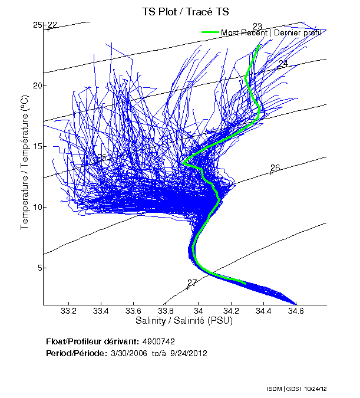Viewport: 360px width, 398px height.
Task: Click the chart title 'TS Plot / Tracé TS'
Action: click(x=184, y=11)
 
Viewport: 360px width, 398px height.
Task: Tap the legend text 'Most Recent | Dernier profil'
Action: click(x=270, y=32)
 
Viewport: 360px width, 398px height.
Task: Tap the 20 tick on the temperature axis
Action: click(x=38, y=85)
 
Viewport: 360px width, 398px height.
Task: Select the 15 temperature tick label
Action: click(x=38, y=146)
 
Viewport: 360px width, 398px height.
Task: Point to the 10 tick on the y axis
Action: click(x=38, y=207)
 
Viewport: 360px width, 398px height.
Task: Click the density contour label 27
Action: click(x=192, y=283)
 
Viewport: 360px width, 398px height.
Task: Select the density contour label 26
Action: click(x=275, y=167)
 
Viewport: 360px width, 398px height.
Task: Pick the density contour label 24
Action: click(x=283, y=63)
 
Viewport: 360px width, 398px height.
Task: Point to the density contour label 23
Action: click(x=257, y=26)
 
